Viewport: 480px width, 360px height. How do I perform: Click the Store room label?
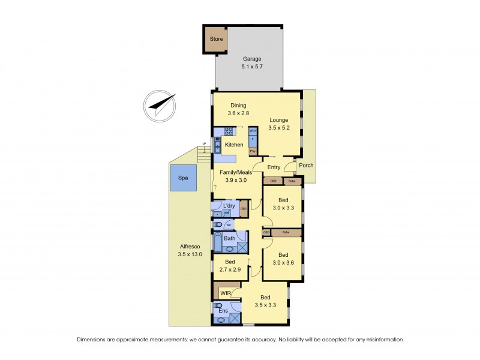coord(216,40)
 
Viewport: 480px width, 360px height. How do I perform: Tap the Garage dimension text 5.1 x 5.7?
coord(252,68)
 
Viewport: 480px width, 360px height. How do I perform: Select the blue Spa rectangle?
coord(183,179)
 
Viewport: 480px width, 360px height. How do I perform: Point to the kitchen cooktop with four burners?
coord(229,131)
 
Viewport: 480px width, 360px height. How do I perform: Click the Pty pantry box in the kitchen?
coord(253,151)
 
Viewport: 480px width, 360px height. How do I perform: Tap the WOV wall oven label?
coord(253,130)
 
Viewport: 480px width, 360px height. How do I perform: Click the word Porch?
coord(306,166)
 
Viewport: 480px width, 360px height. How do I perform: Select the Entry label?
coord(274,167)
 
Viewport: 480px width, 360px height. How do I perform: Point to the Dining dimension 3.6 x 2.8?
coord(238,113)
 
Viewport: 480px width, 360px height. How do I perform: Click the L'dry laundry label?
coord(229,206)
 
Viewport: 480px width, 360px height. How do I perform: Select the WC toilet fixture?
coord(218,225)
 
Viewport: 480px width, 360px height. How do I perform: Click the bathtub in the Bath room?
coord(218,243)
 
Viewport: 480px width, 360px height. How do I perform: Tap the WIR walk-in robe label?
coord(226,293)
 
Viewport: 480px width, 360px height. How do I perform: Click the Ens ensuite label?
coord(223,311)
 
